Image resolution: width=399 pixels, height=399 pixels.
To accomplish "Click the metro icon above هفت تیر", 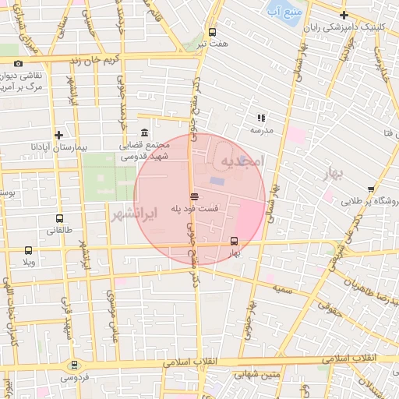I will click(x=212, y=32).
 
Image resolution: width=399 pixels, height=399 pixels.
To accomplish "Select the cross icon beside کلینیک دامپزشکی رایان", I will click(x=344, y=15).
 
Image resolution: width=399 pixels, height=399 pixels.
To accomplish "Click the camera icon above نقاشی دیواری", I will click(x=19, y=64).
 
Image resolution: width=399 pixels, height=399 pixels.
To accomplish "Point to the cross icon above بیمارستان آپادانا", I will click(x=58, y=135).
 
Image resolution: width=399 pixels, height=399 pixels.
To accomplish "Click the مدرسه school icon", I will click(x=261, y=118).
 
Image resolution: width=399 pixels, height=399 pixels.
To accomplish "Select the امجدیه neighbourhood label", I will click(x=243, y=161).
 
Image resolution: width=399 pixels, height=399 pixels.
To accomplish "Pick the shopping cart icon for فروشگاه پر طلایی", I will click(x=370, y=189).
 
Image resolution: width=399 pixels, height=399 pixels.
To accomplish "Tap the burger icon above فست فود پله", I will click(x=194, y=196).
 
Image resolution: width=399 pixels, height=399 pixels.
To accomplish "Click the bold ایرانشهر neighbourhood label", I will click(x=130, y=212).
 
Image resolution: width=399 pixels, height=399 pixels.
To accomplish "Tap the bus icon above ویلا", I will click(x=29, y=250).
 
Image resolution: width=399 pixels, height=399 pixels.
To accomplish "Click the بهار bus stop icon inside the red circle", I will click(x=235, y=240).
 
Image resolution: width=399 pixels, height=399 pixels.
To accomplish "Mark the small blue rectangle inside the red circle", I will click(x=216, y=182).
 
